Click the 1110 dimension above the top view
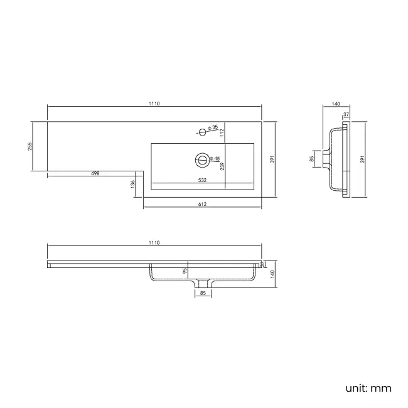pos(154,104)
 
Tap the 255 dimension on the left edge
pos(30,146)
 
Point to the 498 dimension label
pos(96,173)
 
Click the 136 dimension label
pos(132,183)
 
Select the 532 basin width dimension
pos(203,180)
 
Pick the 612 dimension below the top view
pos(203,204)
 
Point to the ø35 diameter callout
pos(215,128)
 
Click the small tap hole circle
pos(203,132)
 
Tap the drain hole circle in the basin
pos(202,160)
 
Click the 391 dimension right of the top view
pos(272,159)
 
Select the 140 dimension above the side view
pos(336,104)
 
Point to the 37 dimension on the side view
pos(346,114)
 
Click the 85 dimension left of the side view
pos(312,159)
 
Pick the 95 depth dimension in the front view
pos(185,271)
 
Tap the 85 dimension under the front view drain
pos(203,293)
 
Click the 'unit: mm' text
pos(368,388)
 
